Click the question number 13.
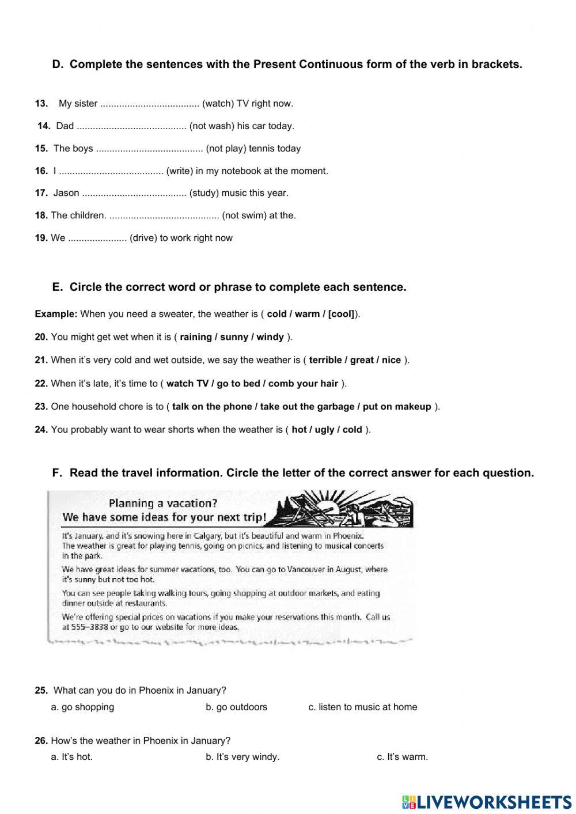coord(41,104)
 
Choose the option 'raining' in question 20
coord(196,337)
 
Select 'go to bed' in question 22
coord(237,384)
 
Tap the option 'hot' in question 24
coord(299,430)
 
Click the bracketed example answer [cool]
coord(341,314)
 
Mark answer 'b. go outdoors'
coord(236,707)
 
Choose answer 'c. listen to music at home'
coord(362,707)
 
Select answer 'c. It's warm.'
coord(402,757)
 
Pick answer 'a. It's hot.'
coord(71,757)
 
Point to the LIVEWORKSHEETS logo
coord(487,802)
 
